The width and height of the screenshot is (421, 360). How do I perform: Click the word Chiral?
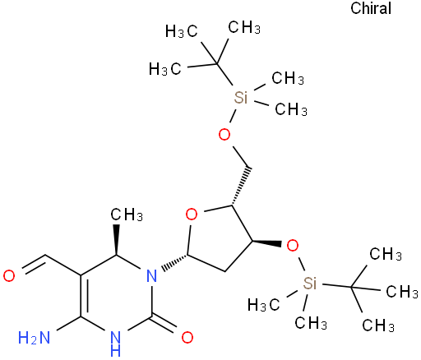point(371,8)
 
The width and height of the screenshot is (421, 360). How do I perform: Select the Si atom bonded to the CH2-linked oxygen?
point(241,97)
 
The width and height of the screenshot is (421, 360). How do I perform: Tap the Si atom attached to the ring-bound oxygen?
point(310,283)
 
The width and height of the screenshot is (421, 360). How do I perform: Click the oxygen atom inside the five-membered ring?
point(192,214)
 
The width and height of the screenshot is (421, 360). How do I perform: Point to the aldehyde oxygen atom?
point(9,276)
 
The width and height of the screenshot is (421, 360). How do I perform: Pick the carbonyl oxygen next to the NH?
point(187,338)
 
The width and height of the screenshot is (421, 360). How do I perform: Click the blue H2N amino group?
point(35,338)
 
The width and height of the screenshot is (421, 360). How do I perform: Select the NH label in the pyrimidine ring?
point(115,344)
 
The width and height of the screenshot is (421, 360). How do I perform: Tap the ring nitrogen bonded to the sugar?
point(151,276)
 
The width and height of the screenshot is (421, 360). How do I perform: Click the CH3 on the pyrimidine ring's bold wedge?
point(127,214)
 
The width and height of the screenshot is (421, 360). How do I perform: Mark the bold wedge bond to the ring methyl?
point(117,240)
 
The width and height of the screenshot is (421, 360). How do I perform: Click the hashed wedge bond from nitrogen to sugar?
point(175,262)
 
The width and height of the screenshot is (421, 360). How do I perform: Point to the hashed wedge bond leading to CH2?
point(240,186)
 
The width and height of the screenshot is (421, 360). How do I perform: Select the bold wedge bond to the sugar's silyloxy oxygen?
point(266,242)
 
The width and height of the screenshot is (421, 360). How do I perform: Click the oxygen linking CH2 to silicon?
point(224,134)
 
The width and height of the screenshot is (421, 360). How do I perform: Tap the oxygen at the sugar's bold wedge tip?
point(292,246)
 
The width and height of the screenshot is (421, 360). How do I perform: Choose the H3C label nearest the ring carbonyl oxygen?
point(264,305)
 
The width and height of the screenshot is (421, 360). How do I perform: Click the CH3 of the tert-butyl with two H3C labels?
point(244,27)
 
